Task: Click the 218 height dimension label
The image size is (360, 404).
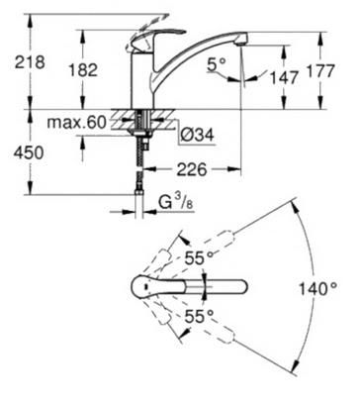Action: point(30,62)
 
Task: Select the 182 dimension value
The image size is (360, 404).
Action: point(83,70)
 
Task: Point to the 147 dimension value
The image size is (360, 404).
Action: point(284,77)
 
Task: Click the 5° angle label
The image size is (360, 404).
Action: point(217,65)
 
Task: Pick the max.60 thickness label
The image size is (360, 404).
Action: point(77,123)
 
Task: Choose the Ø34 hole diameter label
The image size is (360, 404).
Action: point(198,135)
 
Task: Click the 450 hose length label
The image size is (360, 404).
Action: point(29,153)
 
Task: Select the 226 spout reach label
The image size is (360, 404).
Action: point(192,169)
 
